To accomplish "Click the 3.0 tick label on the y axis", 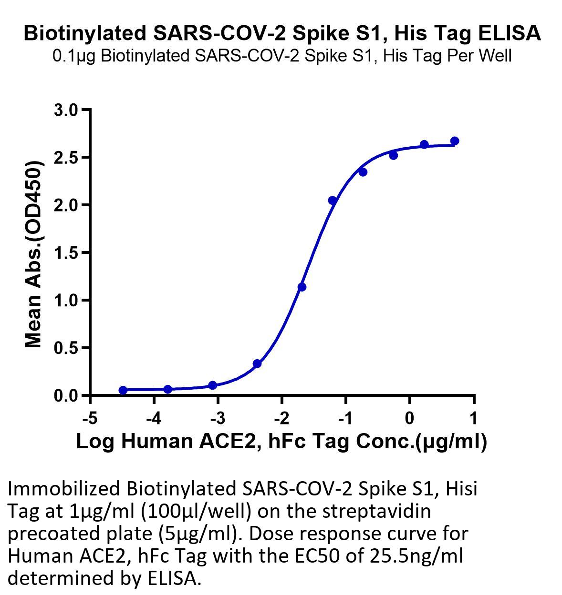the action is (x=66, y=110).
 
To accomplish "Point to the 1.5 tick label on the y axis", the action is (x=66, y=252).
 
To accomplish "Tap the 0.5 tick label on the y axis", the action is (x=66, y=348).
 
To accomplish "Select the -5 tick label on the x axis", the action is (x=90, y=418).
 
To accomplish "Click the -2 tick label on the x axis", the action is (x=282, y=418).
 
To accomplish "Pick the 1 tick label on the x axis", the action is (x=473, y=418).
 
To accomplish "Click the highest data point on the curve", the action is (x=455, y=141).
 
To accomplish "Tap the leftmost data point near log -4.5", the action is (x=123, y=390).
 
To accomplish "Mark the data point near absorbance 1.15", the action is (x=302, y=287).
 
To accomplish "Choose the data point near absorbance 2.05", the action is (x=333, y=201).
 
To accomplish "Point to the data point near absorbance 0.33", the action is (x=257, y=363).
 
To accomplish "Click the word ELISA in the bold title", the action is (x=510, y=33).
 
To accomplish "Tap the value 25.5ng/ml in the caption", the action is (x=416, y=556).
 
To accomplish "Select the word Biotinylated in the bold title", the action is (x=85, y=33).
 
